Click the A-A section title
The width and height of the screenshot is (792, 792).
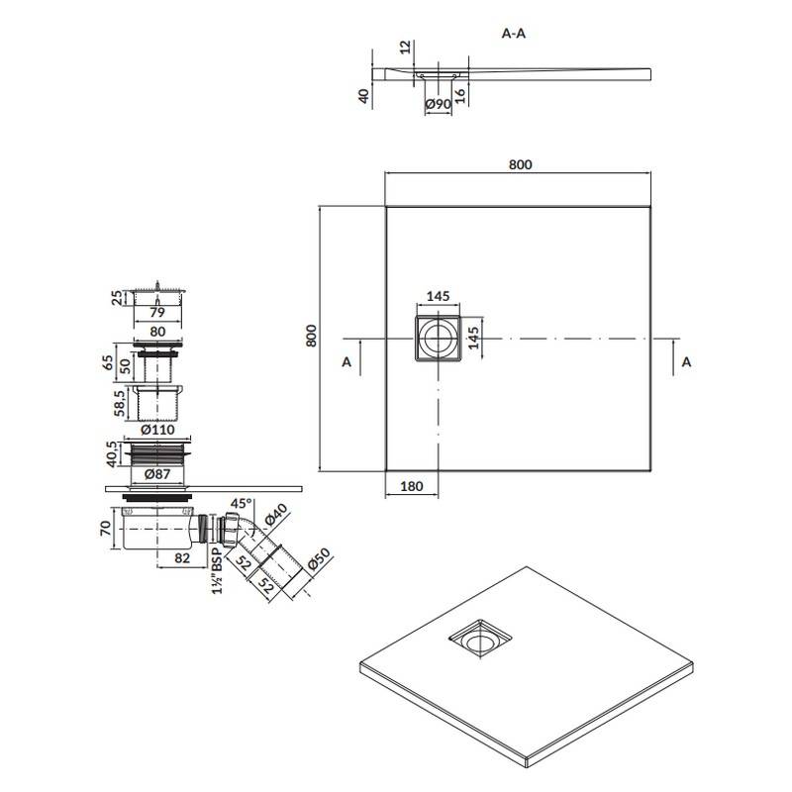tap(513, 34)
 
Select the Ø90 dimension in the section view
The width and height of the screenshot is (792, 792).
tap(438, 104)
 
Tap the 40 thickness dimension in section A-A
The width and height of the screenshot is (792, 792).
tap(363, 96)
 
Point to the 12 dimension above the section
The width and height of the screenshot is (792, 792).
tap(405, 48)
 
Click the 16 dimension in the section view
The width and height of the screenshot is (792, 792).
tap(459, 96)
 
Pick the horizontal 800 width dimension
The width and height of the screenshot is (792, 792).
tap(521, 164)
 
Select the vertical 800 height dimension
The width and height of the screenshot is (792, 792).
tap(311, 336)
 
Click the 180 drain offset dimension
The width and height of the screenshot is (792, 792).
tap(411, 486)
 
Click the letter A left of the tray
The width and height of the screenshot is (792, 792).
tap(346, 362)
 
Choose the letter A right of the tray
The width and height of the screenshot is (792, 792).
tap(686, 362)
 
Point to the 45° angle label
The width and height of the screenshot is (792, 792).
tap(241, 504)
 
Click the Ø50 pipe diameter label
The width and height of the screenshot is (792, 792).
tap(318, 559)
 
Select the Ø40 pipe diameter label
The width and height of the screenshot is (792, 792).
tap(276, 515)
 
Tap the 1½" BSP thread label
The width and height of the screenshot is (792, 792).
tap(217, 571)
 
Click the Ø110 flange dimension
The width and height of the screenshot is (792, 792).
tap(157, 430)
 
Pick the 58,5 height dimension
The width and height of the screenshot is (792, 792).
tap(120, 403)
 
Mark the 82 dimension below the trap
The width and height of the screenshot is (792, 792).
tap(182, 557)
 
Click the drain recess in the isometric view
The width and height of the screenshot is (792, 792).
tap(481, 639)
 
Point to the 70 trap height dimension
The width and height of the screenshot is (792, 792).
tap(106, 529)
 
